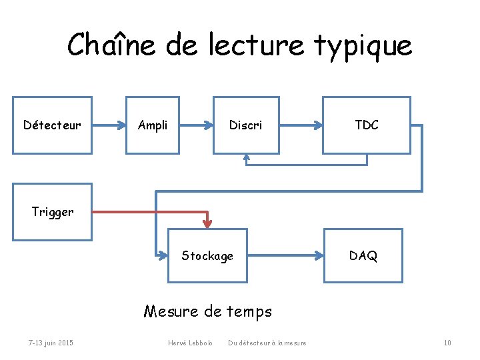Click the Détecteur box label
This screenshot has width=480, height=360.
tap(52, 125)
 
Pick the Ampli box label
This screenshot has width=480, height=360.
tap(153, 125)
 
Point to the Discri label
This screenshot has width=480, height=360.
tap(245, 125)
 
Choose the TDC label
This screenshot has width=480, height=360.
tap(367, 125)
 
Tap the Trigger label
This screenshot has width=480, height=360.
tap(53, 212)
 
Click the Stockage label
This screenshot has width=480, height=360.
tap(207, 255)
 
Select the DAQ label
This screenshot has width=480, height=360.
tap(363, 255)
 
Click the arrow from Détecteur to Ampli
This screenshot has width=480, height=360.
tap(109, 125)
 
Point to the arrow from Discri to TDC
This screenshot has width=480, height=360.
tap(301, 125)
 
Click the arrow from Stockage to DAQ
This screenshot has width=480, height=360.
tap(285, 255)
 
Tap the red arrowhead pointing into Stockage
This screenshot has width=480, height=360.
tap(207, 222)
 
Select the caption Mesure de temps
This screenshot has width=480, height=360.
tap(208, 311)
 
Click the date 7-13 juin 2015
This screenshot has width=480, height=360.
tap(51, 343)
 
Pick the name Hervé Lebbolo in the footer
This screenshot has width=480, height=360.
tap(190, 343)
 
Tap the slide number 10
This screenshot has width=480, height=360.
tap(447, 343)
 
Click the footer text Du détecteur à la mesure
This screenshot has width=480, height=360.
tap(267, 343)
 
